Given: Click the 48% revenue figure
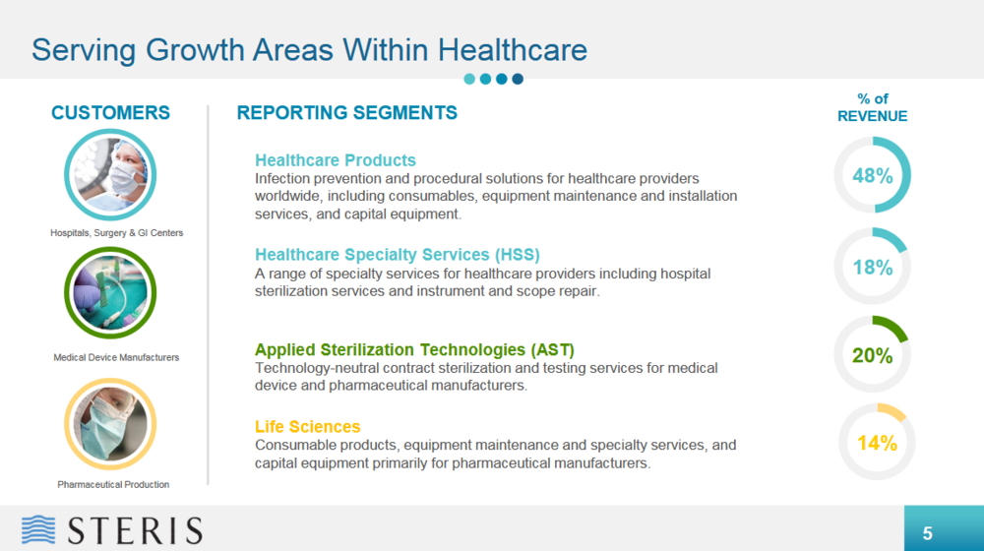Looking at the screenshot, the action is [872, 176].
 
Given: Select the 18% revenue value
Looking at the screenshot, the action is [872, 268].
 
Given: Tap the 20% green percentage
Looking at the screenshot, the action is [872, 356].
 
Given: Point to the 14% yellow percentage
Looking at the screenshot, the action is [877, 443].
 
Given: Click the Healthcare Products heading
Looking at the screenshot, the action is [336, 160].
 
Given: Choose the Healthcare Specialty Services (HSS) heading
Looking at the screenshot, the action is [398, 254].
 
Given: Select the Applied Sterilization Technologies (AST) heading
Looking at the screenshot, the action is [414, 349].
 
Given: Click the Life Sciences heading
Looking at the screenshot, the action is [307, 427].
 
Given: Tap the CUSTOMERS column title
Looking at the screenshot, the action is [110, 113].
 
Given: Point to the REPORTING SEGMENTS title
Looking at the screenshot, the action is [347, 113].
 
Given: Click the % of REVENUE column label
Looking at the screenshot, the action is [872, 107].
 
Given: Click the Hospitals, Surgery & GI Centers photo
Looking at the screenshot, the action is [110, 174].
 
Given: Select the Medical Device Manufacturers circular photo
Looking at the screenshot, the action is [110, 292].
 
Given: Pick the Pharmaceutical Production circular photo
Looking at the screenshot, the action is [110, 424].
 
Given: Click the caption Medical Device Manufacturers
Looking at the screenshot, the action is [116, 358].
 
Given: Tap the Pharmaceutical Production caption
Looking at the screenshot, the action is [113, 484].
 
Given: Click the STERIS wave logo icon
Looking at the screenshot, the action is [38, 529].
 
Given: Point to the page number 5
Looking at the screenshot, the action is [927, 533].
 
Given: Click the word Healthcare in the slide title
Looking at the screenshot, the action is [513, 50].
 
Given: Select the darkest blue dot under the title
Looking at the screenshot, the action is [518, 79].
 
